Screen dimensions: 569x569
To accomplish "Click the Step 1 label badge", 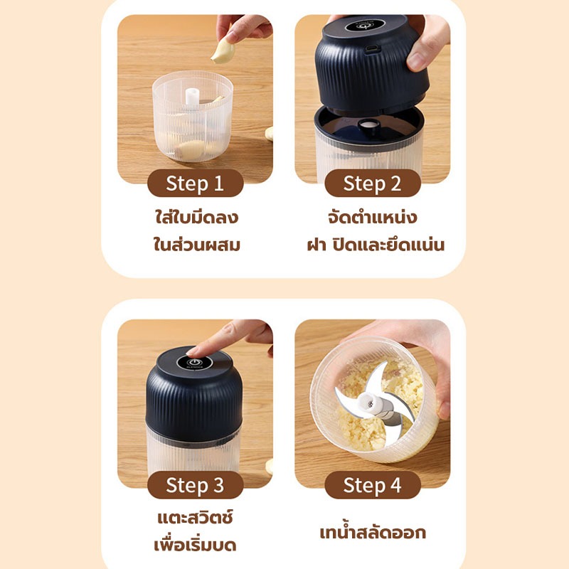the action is point(195,184).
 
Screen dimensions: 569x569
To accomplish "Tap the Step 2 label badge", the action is point(373,184).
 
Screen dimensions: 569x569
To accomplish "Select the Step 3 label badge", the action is point(195,485).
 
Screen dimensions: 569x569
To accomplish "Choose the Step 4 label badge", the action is point(373,485).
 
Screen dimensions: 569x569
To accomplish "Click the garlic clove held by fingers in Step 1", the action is point(223,52).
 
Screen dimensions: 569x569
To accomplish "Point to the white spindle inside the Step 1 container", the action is point(192,97).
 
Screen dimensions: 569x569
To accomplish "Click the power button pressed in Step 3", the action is point(194,363).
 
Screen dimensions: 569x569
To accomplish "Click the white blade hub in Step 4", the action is point(373,403).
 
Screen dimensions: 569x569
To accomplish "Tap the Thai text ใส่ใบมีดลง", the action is point(196,218).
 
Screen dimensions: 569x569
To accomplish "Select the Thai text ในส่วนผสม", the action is point(196,244).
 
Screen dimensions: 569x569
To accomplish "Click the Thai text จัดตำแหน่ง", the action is point(372,218).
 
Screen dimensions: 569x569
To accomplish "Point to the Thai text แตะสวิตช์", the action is point(195,517).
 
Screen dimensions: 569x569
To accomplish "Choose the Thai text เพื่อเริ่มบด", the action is point(195,544).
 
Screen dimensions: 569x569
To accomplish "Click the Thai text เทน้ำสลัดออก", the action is point(373,532).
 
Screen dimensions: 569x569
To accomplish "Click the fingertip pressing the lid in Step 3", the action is point(195,351).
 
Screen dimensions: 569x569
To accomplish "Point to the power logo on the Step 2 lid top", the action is point(365,26).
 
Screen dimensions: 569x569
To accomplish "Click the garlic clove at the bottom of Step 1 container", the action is point(191,149).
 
